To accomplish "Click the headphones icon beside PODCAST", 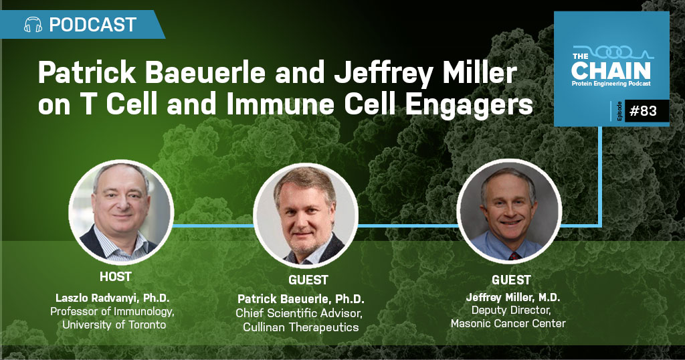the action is [33, 25].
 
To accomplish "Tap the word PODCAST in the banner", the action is [92, 25].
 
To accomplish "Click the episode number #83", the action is [643, 111].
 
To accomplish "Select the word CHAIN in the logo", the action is [611, 70].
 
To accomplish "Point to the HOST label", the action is [115, 276].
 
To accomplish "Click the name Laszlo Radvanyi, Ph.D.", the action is [112, 298].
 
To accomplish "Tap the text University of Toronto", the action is [114, 325].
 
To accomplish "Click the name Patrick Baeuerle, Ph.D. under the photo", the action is [301, 299].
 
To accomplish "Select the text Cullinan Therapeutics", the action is [301, 327].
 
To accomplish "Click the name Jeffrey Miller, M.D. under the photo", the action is [513, 298].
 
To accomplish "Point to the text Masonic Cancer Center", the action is [508, 324].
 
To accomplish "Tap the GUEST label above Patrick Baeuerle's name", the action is [308, 280].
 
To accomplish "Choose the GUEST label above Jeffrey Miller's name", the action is [511, 280].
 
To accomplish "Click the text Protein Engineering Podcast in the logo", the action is [611, 84].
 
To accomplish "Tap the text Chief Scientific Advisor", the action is [299, 313].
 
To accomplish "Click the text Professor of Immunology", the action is [112, 312].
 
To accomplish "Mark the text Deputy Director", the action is [511, 310].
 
